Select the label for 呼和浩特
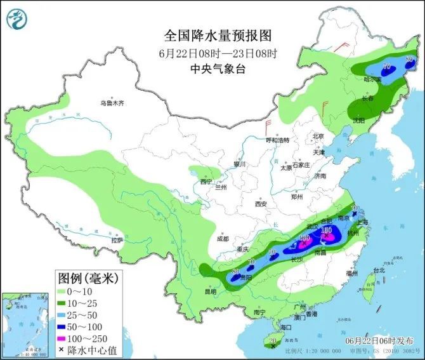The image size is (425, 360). click(277, 140)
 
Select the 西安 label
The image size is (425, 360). click(261, 204)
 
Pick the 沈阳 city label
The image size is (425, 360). click(359, 119)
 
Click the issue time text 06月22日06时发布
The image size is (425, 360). click(382, 340)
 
